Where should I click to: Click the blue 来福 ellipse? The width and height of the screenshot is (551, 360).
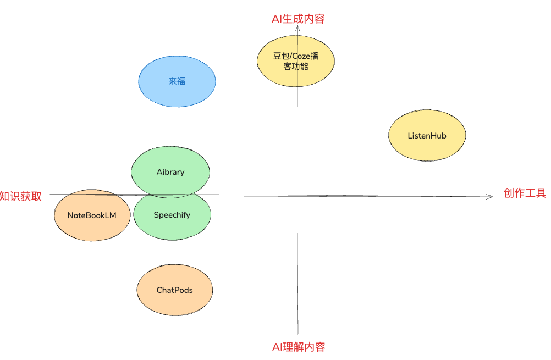pos(177,81)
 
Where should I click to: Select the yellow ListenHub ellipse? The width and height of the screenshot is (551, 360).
pos(427,136)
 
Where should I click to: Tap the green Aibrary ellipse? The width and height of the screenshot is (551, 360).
pos(170,171)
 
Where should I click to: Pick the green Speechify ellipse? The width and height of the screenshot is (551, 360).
pos(172,215)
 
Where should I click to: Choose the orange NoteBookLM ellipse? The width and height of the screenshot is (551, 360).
pos(92,215)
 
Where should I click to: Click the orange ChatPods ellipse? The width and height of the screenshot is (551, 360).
pos(175,290)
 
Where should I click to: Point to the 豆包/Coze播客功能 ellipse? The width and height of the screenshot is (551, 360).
pos(295,61)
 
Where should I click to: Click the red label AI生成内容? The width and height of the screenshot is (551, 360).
pos(298,19)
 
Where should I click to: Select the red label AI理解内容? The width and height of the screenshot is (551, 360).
pos(299,347)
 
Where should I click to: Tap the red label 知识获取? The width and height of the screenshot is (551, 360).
pos(21,196)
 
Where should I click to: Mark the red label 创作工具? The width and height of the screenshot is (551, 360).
pos(525,193)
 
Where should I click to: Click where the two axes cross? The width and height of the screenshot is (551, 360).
pos(297,195)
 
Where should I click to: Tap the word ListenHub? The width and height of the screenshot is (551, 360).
pos(427,136)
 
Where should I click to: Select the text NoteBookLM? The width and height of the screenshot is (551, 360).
pos(92,215)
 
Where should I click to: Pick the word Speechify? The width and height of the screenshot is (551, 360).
pos(172,215)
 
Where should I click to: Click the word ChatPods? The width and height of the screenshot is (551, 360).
pos(175,290)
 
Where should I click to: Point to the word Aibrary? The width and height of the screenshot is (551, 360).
pos(170,171)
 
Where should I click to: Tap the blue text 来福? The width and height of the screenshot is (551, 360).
pos(177,81)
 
